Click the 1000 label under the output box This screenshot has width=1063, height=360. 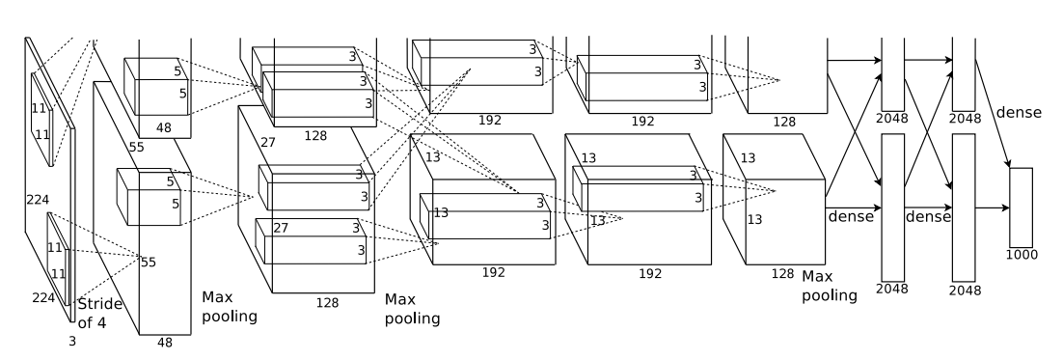click(x=1021, y=255)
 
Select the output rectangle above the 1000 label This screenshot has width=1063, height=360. click(x=1021, y=208)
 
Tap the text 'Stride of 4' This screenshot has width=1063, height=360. click(x=99, y=314)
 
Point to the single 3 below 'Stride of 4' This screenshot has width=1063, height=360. click(x=72, y=342)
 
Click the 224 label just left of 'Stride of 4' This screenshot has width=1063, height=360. click(x=43, y=297)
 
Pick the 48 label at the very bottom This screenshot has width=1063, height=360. click(x=165, y=343)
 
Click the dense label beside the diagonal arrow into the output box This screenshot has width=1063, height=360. click(x=1019, y=113)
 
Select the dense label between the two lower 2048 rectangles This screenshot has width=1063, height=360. click(x=928, y=217)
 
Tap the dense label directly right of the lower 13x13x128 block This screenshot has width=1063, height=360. click(x=851, y=217)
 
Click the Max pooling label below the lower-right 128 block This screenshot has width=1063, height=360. click(x=830, y=286)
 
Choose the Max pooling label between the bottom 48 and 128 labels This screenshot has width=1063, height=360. click(x=230, y=307)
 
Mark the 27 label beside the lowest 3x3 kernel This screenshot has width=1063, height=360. click(x=281, y=229)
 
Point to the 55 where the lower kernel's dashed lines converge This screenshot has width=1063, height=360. click(x=149, y=263)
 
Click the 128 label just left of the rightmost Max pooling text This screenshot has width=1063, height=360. click(x=782, y=274)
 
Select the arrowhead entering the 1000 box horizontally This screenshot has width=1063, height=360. click(x=1005, y=208)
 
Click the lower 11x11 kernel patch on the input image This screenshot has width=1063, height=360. click(x=58, y=259)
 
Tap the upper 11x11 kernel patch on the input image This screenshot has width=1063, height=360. click(x=41, y=120)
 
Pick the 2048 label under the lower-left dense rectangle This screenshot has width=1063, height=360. click(x=891, y=289)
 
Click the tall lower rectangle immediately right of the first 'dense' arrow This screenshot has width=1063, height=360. click(x=893, y=208)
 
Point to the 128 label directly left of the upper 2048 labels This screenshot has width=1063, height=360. click(x=784, y=123)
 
